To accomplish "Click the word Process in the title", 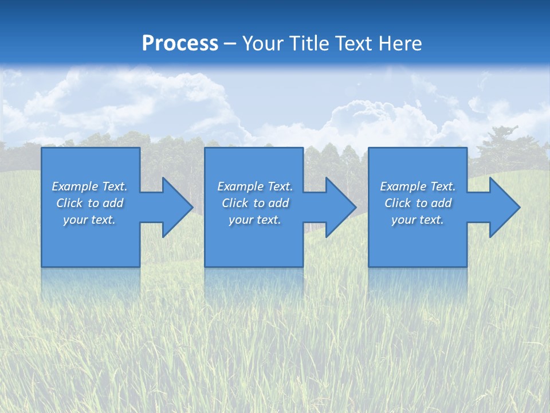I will pyautogui.click(x=180, y=44).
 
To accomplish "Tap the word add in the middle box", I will pyautogui.click(x=278, y=203).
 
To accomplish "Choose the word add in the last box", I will pyautogui.click(x=441, y=203).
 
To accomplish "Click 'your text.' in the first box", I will pyautogui.click(x=89, y=220).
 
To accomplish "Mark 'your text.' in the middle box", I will pyautogui.click(x=255, y=220).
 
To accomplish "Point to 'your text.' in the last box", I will pyautogui.click(x=418, y=220).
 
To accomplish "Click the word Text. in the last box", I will pyautogui.click(x=442, y=186).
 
